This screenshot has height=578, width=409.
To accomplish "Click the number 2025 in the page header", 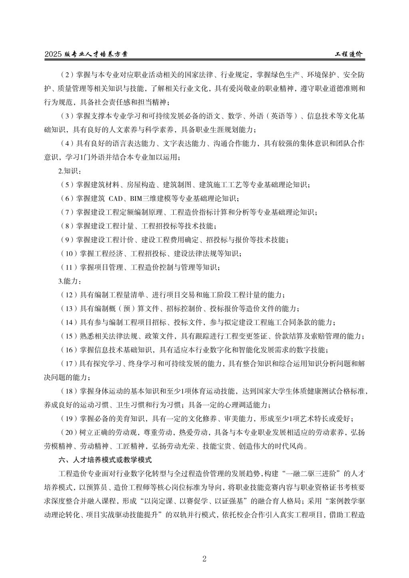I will [x=53, y=55].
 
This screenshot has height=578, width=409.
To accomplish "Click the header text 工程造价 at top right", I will [x=348, y=55].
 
